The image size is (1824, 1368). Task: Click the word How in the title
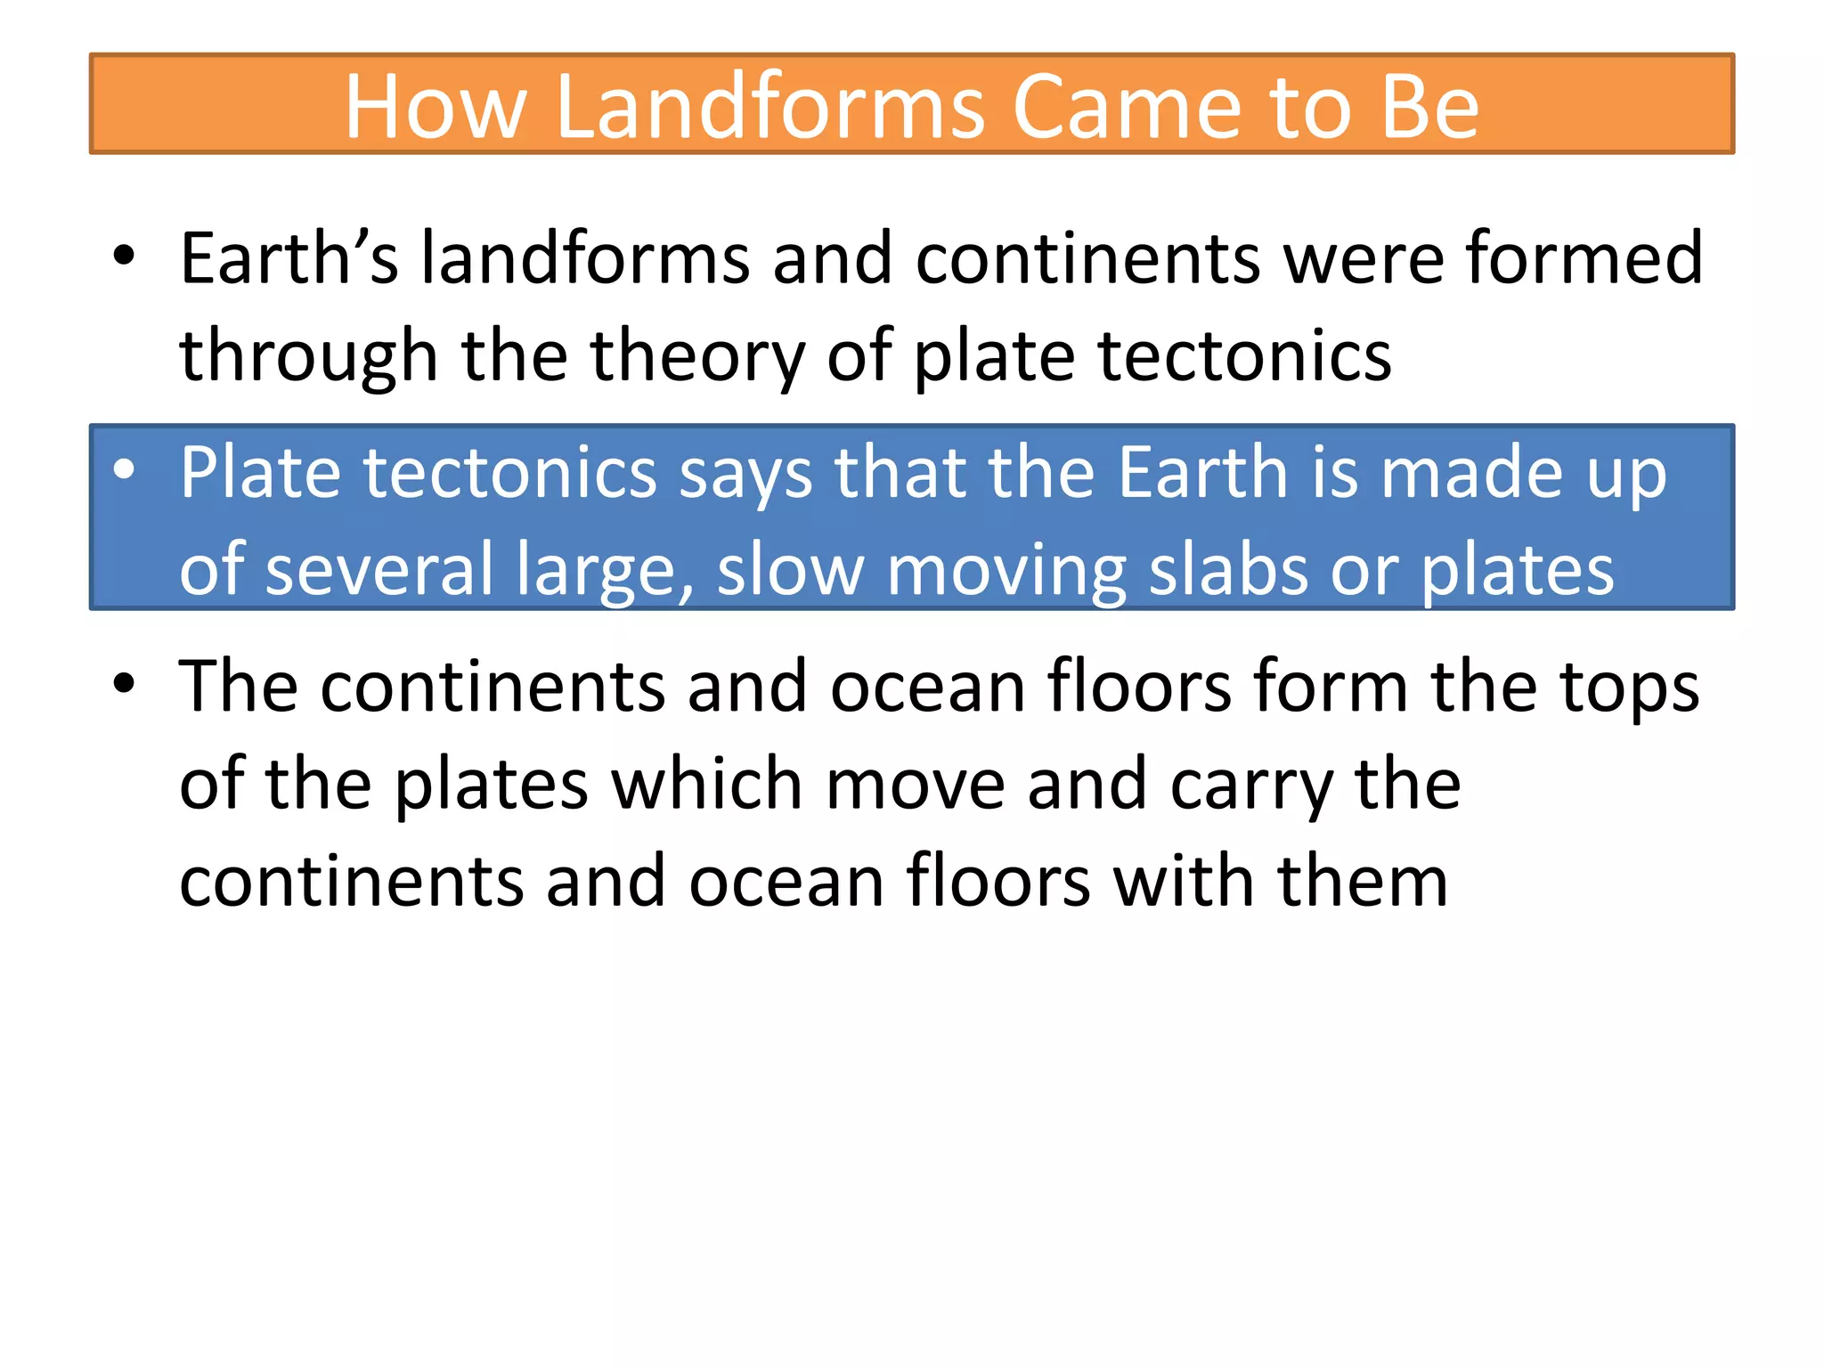pyautogui.click(x=436, y=107)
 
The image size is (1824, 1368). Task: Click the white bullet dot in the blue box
pyautogui.click(x=124, y=469)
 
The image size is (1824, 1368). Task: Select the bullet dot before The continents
pyautogui.click(x=124, y=683)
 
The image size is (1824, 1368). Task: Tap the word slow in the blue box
pyautogui.click(x=790, y=570)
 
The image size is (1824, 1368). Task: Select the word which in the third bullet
pyautogui.click(x=707, y=784)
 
